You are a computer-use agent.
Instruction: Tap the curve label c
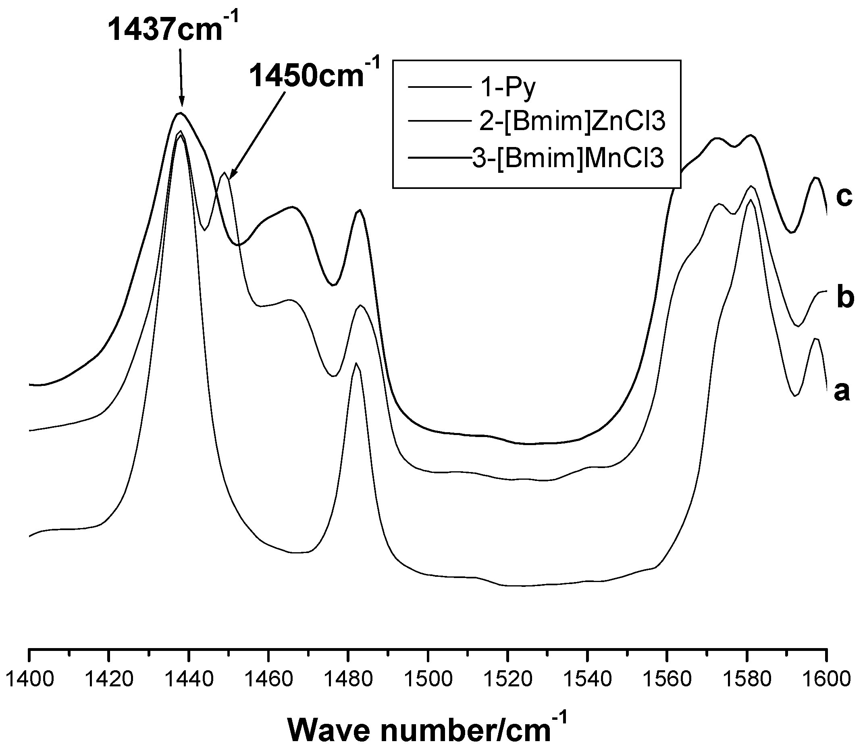(x=844, y=197)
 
